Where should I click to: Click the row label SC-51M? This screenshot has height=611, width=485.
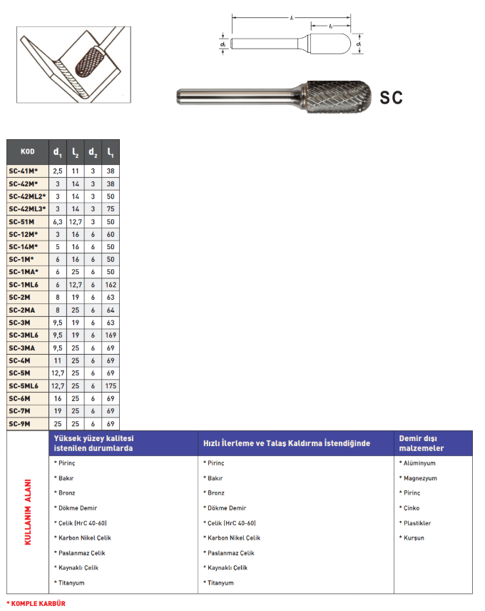click(x=22, y=221)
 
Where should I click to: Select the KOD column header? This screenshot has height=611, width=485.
click(x=28, y=151)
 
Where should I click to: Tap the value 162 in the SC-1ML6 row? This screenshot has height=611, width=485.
click(x=111, y=285)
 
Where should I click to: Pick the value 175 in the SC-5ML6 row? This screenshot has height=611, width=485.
click(x=111, y=386)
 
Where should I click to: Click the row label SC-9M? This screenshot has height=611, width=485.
click(x=21, y=424)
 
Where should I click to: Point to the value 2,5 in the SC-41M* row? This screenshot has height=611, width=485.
click(x=58, y=171)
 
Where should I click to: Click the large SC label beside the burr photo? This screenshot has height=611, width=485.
click(x=391, y=98)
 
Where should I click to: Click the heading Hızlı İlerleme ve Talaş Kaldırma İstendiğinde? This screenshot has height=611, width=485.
click(x=287, y=443)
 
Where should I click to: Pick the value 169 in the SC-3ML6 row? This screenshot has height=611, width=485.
click(x=111, y=335)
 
